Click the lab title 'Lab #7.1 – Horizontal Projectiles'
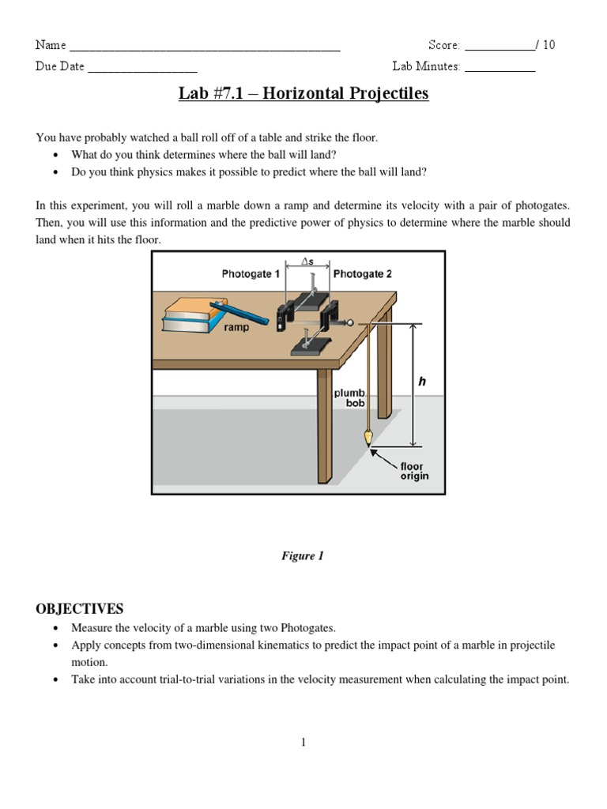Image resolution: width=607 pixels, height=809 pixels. (303, 94)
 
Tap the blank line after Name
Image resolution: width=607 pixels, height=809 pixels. (205, 49)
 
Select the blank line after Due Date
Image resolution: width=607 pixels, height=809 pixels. (142, 70)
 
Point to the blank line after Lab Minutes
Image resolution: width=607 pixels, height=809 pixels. (500, 70)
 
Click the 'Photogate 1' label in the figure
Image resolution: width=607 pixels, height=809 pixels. (251, 274)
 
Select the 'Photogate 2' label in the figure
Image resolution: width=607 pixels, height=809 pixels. (362, 274)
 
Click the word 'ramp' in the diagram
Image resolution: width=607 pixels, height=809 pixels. (236, 327)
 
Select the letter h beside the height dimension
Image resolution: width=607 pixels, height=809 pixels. (422, 382)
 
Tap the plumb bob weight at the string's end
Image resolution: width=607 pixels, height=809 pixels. (367, 437)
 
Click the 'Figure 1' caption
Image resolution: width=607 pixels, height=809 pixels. (303, 556)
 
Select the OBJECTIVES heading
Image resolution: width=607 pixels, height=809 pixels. (80, 608)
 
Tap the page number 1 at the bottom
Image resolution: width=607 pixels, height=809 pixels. (303, 742)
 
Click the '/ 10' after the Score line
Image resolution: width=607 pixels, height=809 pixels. (545, 45)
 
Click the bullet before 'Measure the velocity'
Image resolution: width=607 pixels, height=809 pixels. (55, 629)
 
